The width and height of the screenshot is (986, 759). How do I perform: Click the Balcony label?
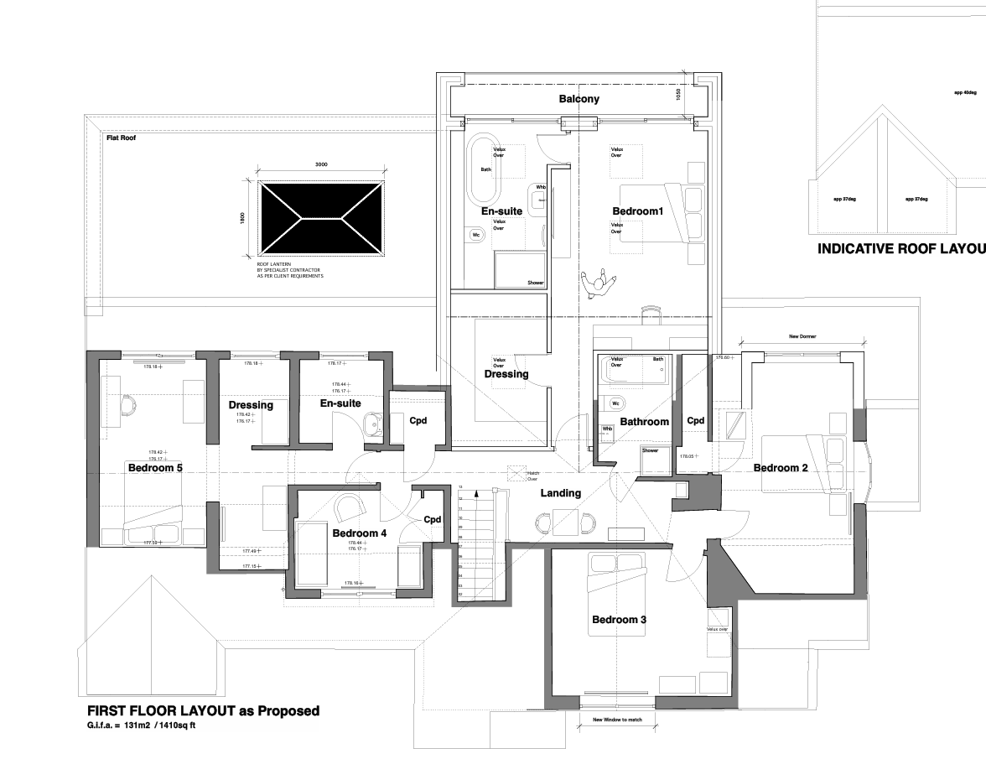(579, 99)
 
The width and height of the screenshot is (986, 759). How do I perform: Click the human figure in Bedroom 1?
(599, 285)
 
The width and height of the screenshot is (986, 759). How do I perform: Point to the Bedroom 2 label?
(780, 468)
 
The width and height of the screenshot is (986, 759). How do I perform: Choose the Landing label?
(560, 493)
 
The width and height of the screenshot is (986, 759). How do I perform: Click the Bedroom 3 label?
(619, 620)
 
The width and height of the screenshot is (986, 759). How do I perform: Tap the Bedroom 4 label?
(359, 533)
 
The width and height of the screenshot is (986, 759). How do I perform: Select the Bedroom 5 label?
(155, 468)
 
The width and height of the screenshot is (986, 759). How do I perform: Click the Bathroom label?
(644, 422)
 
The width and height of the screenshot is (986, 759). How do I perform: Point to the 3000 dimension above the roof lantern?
(321, 165)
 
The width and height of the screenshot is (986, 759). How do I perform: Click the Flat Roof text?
(121, 137)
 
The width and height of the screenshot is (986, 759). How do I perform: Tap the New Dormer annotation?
(802, 336)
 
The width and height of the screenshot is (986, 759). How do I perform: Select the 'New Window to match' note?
(617, 720)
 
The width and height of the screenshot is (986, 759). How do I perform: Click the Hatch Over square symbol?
(517, 472)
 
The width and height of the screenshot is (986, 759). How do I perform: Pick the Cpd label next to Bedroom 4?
(432, 520)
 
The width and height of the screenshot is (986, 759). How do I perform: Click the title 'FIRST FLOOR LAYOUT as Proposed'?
(203, 711)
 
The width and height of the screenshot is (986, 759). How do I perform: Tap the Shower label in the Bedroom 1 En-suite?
(535, 283)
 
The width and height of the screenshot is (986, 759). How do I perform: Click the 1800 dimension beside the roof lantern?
(240, 216)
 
